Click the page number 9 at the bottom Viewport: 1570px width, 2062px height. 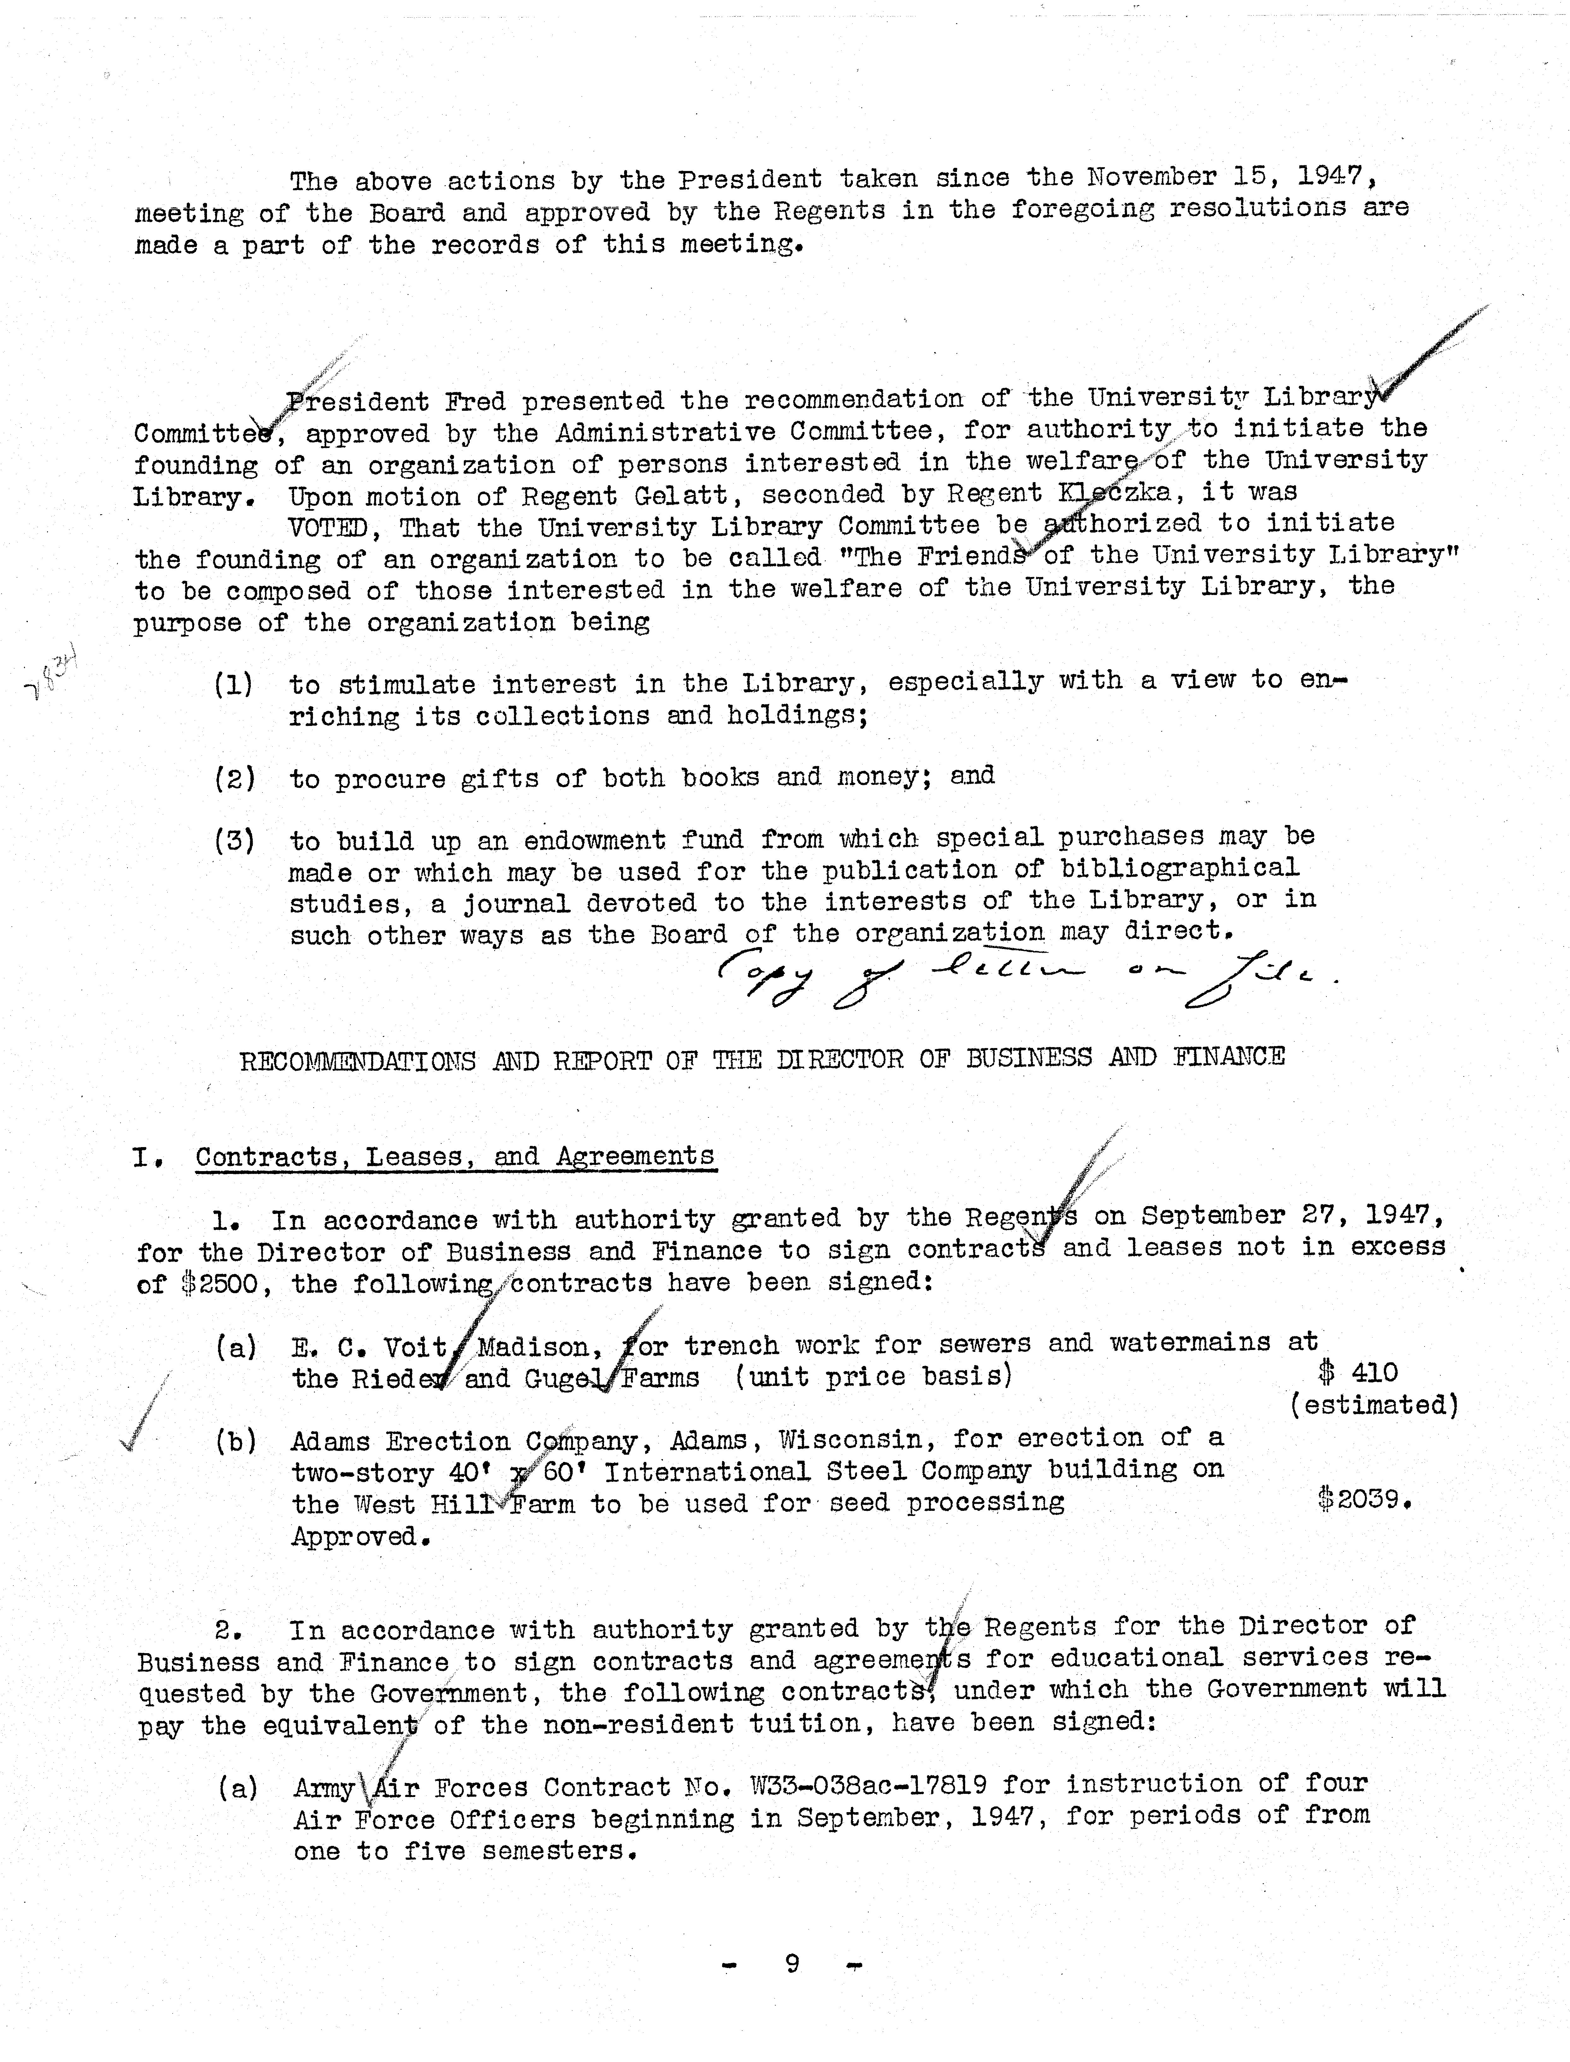(792, 1963)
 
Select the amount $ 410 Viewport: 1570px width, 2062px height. (1358, 1372)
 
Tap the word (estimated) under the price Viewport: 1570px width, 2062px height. (1374, 1404)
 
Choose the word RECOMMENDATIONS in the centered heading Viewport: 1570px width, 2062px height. (358, 1060)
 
